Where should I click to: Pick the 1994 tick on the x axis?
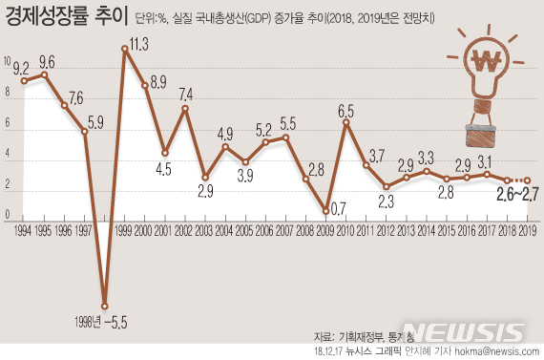[23, 230]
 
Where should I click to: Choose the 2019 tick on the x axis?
[525, 230]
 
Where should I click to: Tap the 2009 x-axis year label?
[324, 230]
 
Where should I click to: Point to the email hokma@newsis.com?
[493, 351]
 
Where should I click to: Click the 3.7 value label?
[376, 154]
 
